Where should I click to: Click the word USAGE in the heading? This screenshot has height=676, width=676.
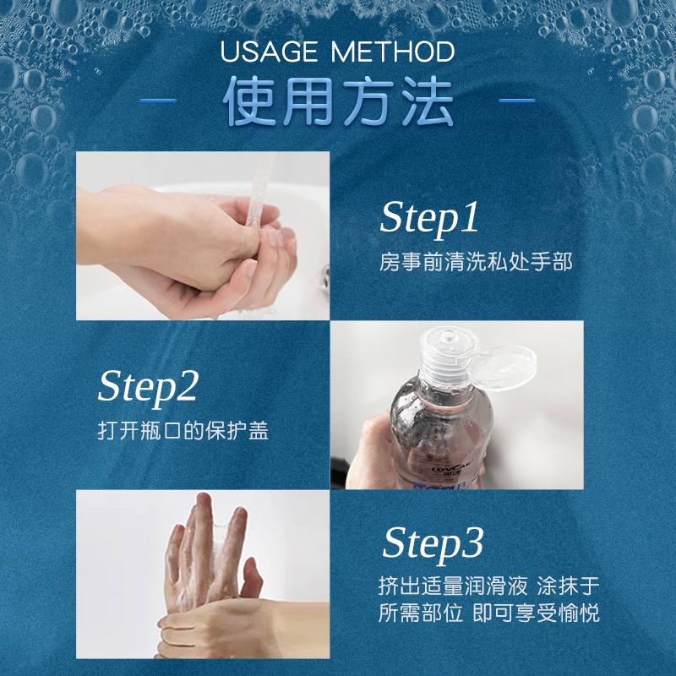point(269,52)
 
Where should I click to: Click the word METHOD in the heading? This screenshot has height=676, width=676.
point(393,52)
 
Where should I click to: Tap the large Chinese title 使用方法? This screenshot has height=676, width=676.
point(338,101)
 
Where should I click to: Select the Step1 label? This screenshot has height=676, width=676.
point(429,218)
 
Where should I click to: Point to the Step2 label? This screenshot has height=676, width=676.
point(148,387)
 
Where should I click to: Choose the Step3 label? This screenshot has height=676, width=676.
point(433,544)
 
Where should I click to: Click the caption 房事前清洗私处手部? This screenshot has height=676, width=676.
point(476,262)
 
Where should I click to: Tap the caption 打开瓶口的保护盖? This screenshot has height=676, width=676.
point(183,430)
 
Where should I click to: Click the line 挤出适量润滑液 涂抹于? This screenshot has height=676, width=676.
point(489,586)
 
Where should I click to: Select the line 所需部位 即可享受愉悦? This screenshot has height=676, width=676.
point(489,613)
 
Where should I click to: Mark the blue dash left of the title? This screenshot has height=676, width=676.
point(158,101)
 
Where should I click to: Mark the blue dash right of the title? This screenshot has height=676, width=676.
point(517,101)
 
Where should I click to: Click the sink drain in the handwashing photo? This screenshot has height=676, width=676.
point(325,276)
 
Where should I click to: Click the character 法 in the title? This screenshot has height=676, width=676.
point(428,101)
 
